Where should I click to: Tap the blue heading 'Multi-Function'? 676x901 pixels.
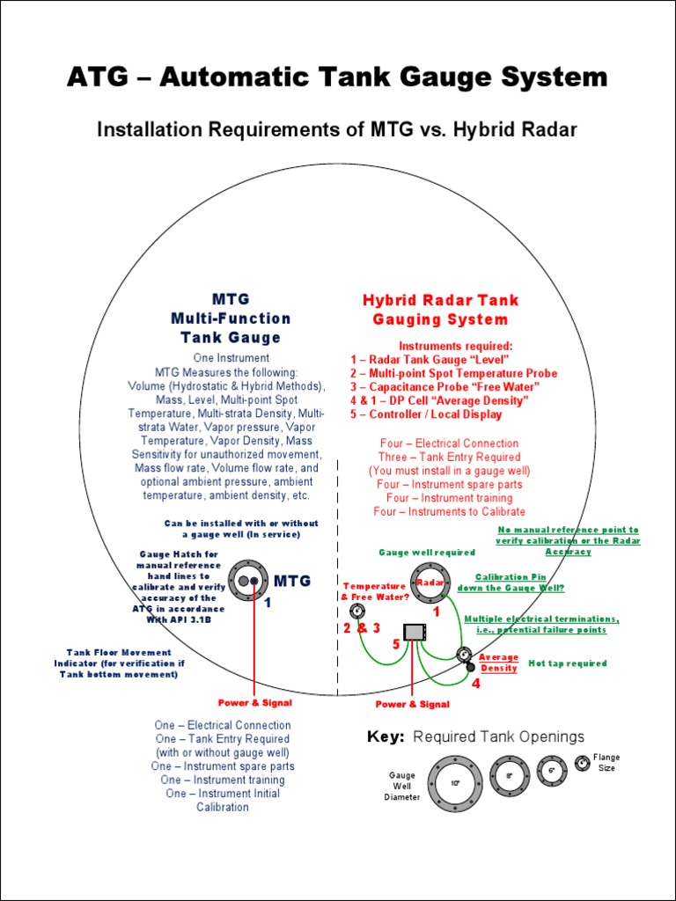click(x=231, y=318)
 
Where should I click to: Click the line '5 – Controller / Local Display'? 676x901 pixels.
click(x=426, y=414)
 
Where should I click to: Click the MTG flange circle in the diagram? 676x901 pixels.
click(x=249, y=581)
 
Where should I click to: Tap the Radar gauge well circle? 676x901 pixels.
click(x=430, y=582)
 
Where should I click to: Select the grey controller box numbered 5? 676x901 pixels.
click(x=415, y=631)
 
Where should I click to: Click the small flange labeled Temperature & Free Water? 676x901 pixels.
click(x=356, y=612)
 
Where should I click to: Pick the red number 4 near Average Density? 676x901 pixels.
click(x=476, y=685)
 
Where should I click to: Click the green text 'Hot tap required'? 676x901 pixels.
click(x=567, y=663)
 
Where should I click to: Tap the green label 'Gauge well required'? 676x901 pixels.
click(x=427, y=553)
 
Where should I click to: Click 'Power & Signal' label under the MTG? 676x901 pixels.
click(x=255, y=703)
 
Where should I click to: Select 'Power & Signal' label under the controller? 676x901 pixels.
click(x=412, y=704)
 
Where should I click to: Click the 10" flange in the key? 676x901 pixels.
click(x=455, y=782)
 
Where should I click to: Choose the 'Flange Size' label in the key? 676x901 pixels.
click(x=606, y=763)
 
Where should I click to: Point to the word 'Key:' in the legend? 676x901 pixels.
click(x=386, y=737)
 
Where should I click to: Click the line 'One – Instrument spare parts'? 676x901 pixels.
click(x=223, y=766)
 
